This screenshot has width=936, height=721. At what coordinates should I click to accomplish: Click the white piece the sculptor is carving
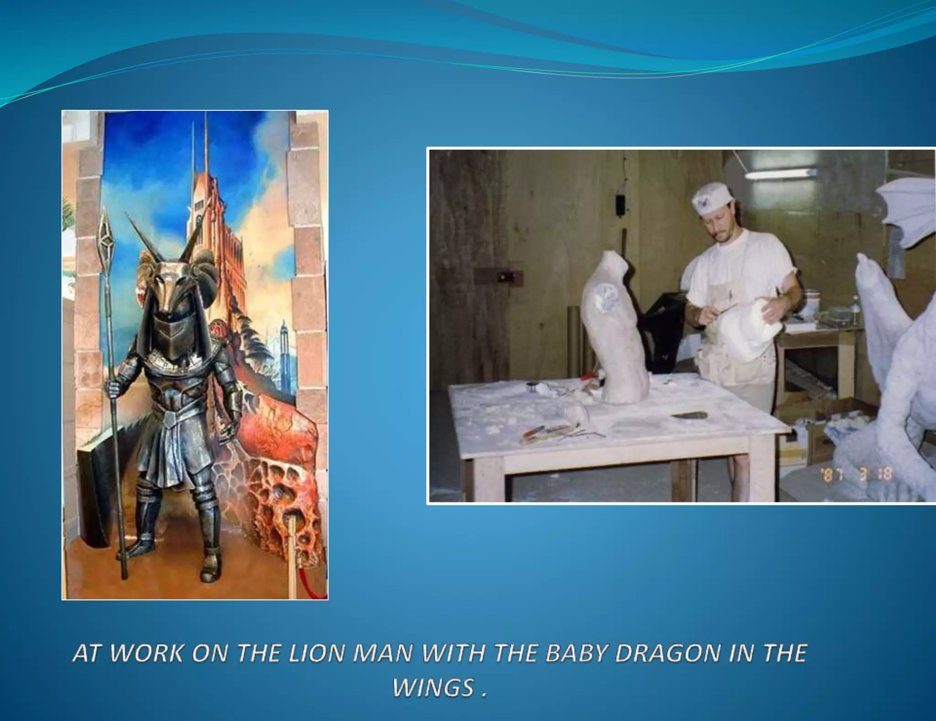[750, 330]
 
